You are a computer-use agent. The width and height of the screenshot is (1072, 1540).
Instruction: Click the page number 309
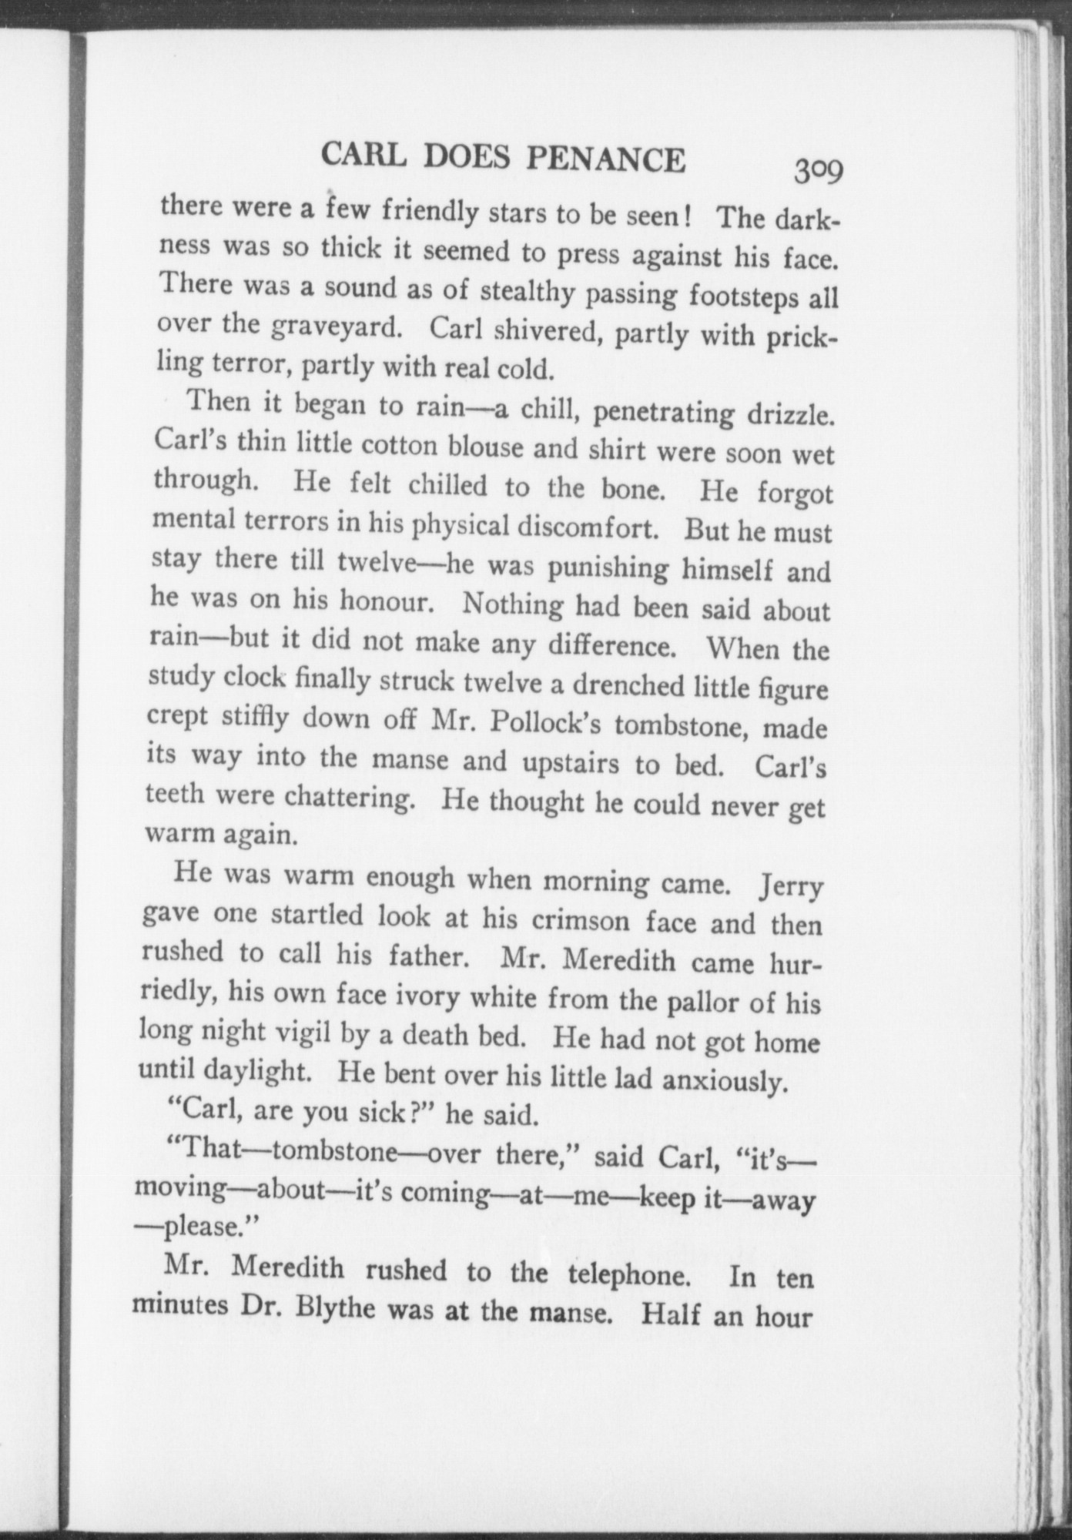820,169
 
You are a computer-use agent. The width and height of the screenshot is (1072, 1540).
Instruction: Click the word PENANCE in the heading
605,159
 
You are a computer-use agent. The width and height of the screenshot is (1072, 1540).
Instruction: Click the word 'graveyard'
338,328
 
